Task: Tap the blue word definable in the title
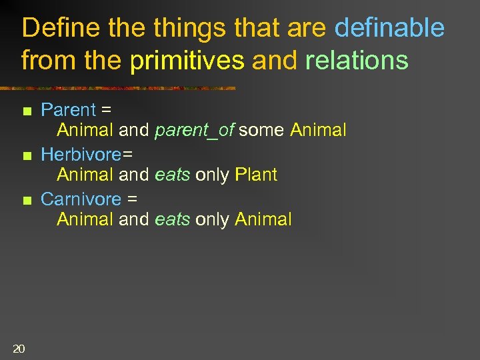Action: (389, 29)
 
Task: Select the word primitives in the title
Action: (188, 60)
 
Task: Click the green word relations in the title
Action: (357, 60)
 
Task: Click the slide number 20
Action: (19, 347)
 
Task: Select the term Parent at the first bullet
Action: (69, 109)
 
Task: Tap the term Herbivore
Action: (81, 154)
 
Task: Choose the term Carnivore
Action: (81, 199)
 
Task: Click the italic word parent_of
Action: (194, 131)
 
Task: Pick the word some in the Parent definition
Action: (262, 130)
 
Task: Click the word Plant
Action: (256, 175)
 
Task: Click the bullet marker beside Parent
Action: (26, 111)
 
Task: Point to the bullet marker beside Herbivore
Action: (26, 156)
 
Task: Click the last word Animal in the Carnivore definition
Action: (263, 219)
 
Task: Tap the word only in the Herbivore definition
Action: (213, 175)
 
